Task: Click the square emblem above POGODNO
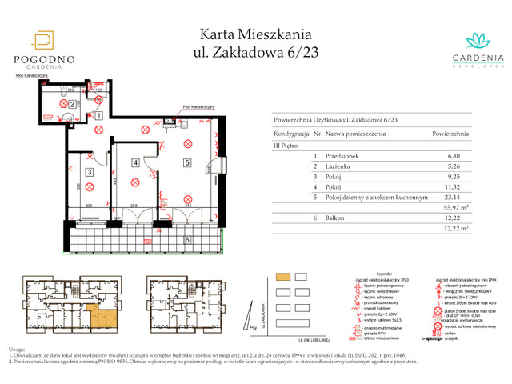[x=44, y=41]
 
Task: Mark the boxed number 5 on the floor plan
[x=186, y=163]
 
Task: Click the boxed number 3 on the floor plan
[x=90, y=172]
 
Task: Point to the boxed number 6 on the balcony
[x=186, y=239]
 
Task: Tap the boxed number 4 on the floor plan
[x=135, y=163]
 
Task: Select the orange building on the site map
[x=283, y=277]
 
